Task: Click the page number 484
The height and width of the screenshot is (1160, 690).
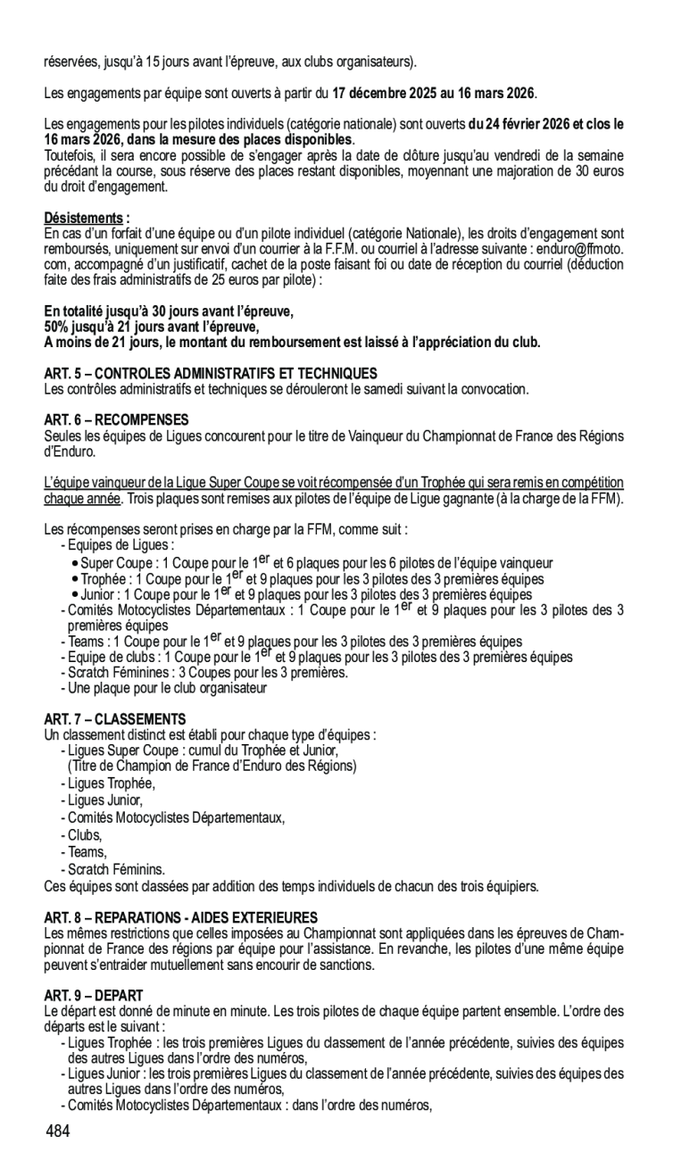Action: click(57, 1131)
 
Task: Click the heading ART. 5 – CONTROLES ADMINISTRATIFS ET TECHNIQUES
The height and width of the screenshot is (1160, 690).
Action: click(211, 373)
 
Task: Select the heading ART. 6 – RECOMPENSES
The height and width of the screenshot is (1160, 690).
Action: click(116, 418)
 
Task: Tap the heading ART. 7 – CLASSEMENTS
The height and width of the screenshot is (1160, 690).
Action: click(115, 718)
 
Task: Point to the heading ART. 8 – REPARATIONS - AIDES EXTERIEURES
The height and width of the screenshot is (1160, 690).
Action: click(181, 917)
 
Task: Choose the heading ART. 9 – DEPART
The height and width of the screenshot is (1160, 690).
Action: click(94, 994)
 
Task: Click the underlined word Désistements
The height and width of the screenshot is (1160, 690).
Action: click(84, 218)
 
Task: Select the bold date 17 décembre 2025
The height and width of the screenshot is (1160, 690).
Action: click(387, 93)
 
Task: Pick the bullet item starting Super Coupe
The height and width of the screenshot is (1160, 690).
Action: click(317, 563)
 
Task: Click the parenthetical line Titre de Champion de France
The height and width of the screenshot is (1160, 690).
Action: click(212, 766)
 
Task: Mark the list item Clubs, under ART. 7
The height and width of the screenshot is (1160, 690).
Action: click(85, 835)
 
